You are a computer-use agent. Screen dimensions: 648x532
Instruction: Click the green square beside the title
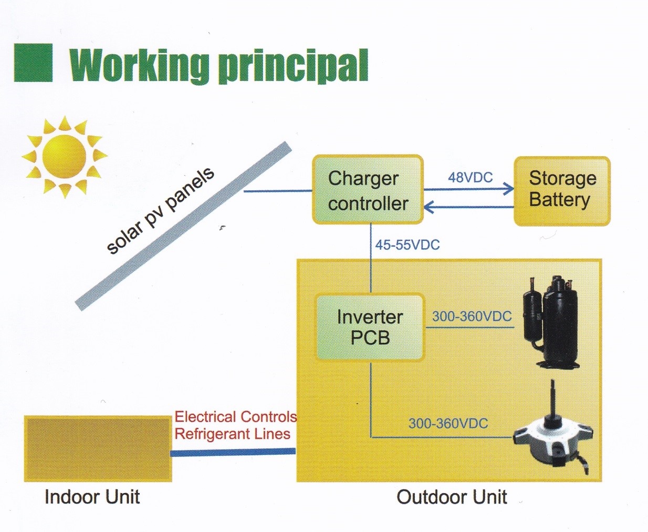pos(33,63)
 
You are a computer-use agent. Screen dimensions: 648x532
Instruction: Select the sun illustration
pos(65,157)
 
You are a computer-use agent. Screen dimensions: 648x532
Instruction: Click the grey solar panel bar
pos(183,226)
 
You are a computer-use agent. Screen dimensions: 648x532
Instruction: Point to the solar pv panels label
pos(160,211)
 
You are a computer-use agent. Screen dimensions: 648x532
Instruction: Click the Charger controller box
pos(368,189)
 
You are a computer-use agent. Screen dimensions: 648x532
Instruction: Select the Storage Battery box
pos(562,191)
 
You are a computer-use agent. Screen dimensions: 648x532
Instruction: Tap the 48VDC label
pos(470,178)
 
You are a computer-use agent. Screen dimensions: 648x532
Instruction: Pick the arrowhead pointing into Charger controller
pos(429,207)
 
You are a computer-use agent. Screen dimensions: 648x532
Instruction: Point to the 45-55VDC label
pos(407,245)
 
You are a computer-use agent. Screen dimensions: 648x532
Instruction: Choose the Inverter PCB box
pos(370,328)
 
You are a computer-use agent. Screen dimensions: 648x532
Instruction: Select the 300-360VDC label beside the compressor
pos(472,316)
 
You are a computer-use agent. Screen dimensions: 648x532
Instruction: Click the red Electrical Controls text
pos(236,417)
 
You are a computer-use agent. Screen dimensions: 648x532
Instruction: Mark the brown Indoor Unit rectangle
pos(98,448)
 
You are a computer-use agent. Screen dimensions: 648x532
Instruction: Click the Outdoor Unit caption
pos(452,497)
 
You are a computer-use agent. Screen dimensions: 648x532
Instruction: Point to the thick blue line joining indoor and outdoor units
pos(233,452)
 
